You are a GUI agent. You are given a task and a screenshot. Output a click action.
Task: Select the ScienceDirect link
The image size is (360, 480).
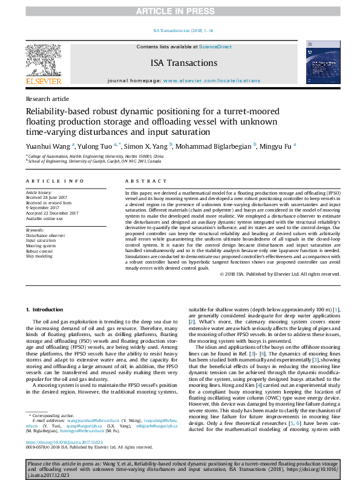(x=215, y=47)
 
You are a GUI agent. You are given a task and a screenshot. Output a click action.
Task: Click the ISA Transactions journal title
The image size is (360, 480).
(x=183, y=63)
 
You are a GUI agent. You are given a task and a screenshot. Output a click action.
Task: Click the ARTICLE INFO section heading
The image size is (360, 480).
(x=54, y=181)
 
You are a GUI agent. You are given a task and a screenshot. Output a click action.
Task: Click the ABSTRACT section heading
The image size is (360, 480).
(x=142, y=181)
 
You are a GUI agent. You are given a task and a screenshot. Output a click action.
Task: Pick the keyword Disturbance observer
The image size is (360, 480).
(x=45, y=235)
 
